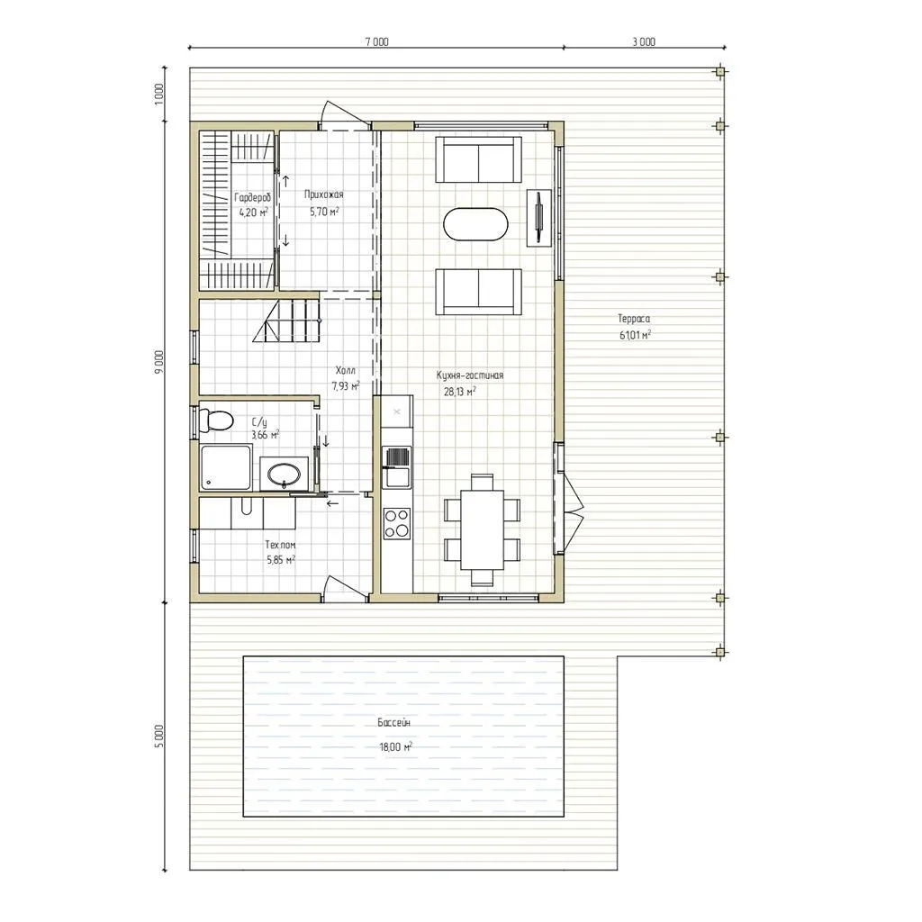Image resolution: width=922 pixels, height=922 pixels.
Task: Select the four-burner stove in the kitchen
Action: pyautogui.click(x=397, y=524)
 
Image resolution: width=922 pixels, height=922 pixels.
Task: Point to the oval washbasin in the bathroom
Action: pyautogui.click(x=284, y=474)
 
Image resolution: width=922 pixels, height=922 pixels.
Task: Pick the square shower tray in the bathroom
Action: pyautogui.click(x=226, y=467)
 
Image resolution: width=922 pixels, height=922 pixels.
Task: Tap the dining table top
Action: pyautogui.click(x=483, y=529)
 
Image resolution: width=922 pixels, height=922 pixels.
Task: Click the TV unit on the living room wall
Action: pyautogui.click(x=538, y=218)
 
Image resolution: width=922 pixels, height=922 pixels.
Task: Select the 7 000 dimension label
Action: pyautogui.click(x=376, y=41)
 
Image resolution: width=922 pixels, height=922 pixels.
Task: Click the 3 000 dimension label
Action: pyautogui.click(x=644, y=41)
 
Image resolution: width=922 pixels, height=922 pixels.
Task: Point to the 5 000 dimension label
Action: pyautogui.click(x=158, y=737)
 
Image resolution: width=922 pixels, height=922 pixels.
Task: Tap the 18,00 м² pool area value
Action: pyautogui.click(x=396, y=747)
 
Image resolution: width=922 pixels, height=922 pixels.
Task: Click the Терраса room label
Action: pyautogui.click(x=634, y=319)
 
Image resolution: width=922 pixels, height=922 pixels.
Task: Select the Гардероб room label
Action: pyautogui.click(x=253, y=197)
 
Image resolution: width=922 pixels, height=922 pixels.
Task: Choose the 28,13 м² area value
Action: pyautogui.click(x=460, y=392)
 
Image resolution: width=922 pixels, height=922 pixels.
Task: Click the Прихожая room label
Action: pyautogui.click(x=324, y=194)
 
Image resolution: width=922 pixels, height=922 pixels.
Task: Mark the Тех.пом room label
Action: pyautogui.click(x=281, y=545)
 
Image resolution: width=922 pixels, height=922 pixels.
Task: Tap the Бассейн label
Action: pyautogui.click(x=394, y=722)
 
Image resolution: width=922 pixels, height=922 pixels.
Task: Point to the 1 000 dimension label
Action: pyautogui.click(x=158, y=95)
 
